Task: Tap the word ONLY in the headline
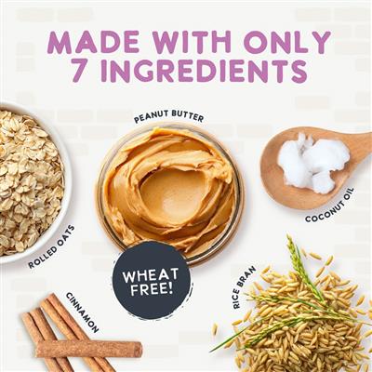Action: click(x=286, y=42)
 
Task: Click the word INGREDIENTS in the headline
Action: click(x=205, y=72)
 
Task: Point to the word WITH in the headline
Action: click(x=189, y=42)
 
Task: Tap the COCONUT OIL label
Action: click(x=330, y=205)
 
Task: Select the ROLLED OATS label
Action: click(x=52, y=247)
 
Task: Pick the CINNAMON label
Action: click(x=83, y=312)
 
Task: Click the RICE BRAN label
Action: click(x=245, y=287)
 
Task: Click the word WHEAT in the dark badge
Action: click(x=151, y=275)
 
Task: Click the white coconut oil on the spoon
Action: click(x=312, y=161)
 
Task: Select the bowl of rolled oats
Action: click(x=33, y=183)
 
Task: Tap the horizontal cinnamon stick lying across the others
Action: click(x=89, y=349)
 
